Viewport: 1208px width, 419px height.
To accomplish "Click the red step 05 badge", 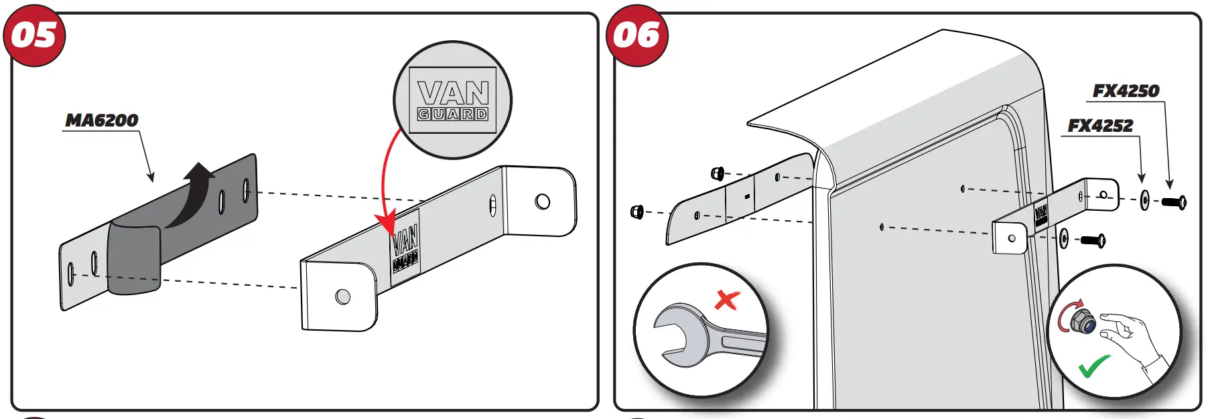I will [x=34, y=35].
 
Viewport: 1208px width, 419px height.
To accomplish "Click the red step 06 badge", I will [x=636, y=35].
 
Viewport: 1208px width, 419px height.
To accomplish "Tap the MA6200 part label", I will [x=102, y=120].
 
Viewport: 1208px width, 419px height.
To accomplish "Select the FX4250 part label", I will [x=1126, y=91].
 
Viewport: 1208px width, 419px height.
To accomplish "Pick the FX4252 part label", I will [x=1100, y=126].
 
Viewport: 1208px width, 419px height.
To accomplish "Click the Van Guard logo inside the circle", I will [x=453, y=100].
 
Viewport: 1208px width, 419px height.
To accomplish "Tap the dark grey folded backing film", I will [x=134, y=258].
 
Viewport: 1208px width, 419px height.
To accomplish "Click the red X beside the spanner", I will [x=727, y=299].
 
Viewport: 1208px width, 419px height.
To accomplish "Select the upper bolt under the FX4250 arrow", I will [x=1173, y=201].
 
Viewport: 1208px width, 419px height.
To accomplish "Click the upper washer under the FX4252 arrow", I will [x=1144, y=199].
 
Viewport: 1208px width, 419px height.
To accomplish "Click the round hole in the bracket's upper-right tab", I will [x=543, y=201].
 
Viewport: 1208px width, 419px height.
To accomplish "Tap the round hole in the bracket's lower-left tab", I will [x=342, y=297].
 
